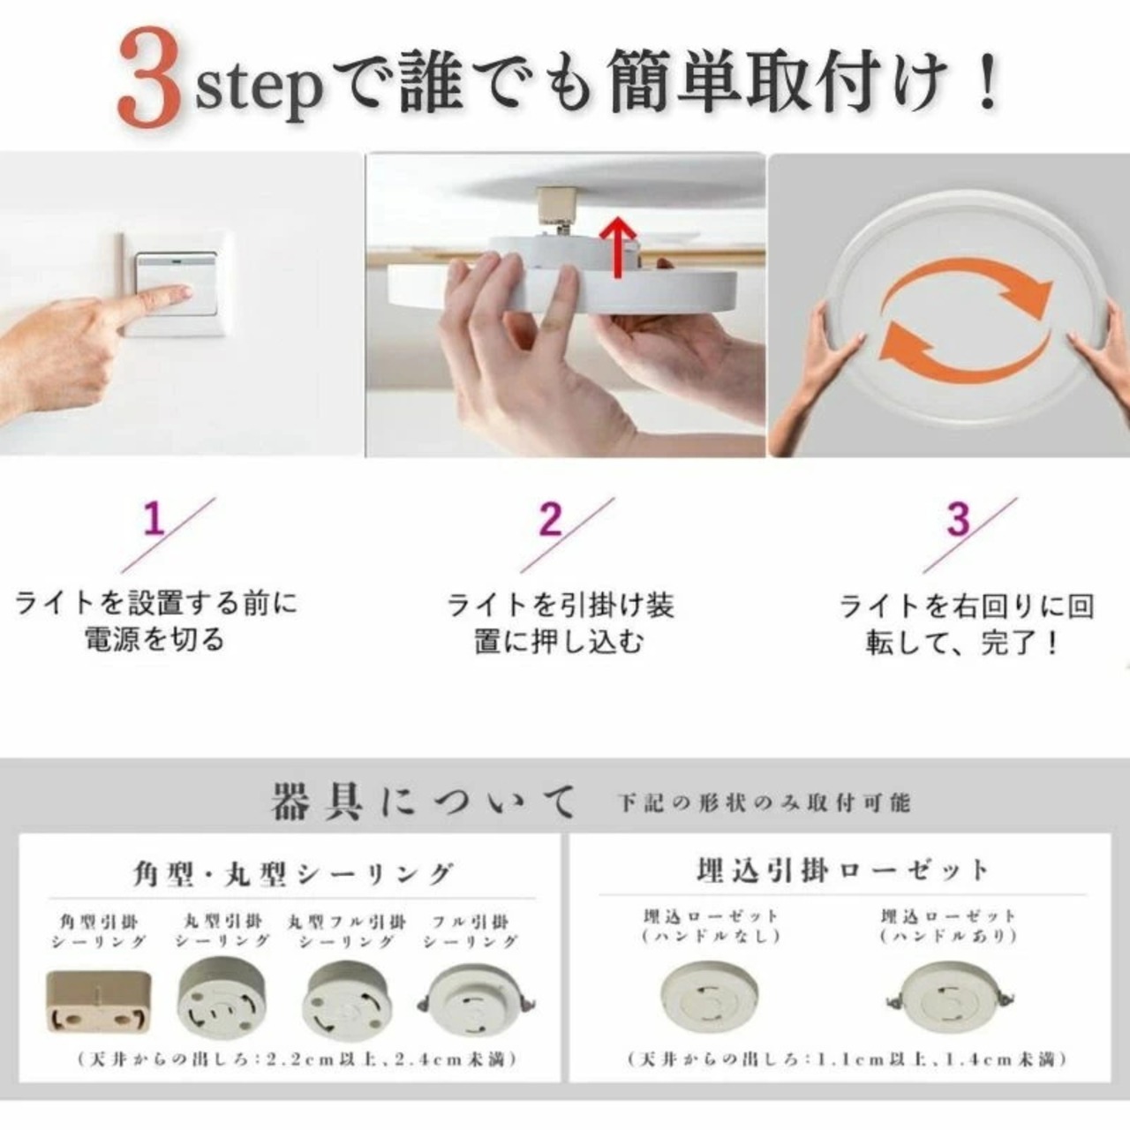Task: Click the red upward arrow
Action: coord(617,247)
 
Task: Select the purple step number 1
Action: coord(154,518)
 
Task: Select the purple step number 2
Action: coord(550,518)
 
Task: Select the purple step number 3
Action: coord(958,518)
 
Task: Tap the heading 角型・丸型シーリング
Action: coord(293,874)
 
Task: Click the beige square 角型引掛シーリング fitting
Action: coord(99,1002)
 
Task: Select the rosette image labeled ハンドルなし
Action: coord(709,997)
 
